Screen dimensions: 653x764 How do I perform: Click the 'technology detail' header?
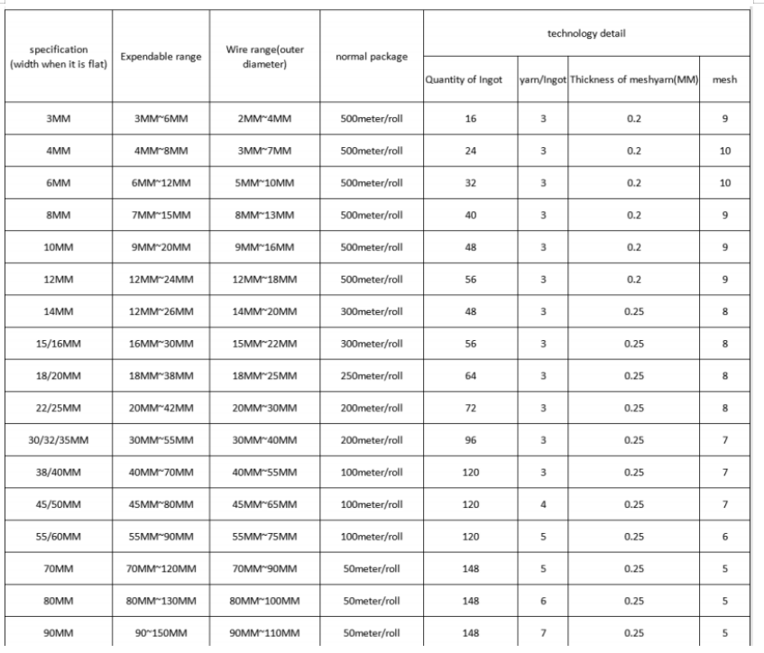[586, 34]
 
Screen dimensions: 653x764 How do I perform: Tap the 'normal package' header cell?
[371, 56]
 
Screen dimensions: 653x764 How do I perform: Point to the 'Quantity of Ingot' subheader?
[470, 80]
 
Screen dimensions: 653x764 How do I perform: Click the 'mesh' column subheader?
[724, 80]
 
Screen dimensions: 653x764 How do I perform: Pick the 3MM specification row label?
[59, 119]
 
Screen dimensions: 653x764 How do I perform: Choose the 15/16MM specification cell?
[59, 344]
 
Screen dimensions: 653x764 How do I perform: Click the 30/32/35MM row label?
[59, 440]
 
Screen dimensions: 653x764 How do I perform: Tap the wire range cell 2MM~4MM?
[264, 119]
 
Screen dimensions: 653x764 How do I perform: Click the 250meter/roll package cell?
[371, 376]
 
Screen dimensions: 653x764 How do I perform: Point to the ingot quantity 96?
[470, 440]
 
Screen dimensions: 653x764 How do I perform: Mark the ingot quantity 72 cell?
[470, 408]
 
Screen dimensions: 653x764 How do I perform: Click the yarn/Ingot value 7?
[543, 632]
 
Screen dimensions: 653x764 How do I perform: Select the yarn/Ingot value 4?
[543, 504]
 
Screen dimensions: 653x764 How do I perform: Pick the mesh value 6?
[724, 536]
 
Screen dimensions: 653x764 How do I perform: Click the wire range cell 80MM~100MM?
[264, 600]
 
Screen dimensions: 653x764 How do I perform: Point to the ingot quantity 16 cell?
[470, 119]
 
